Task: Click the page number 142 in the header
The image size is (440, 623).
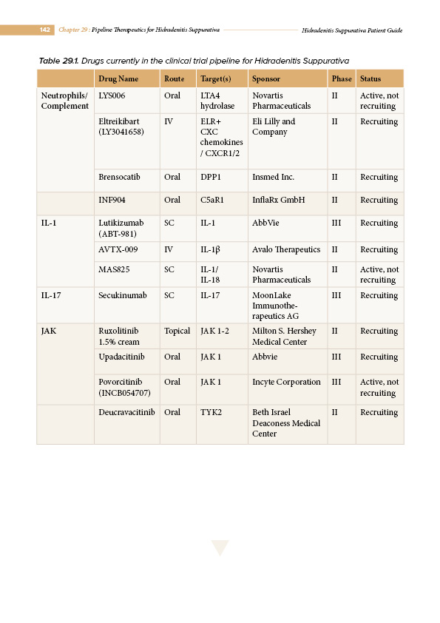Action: [44, 30]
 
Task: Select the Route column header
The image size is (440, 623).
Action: [174, 78]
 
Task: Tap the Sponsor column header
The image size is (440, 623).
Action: [266, 78]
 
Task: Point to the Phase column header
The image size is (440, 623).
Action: [342, 78]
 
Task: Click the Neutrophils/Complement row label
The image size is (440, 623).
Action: [64, 101]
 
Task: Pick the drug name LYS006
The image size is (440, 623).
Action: [112, 96]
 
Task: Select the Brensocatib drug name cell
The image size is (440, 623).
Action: [119, 178]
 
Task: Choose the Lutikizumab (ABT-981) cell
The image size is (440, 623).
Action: [121, 228]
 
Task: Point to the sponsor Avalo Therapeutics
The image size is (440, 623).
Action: [286, 250]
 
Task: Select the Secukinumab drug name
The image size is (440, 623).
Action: [122, 296]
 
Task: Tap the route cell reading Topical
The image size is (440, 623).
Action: [177, 331]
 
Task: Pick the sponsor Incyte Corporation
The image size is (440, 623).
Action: [286, 383]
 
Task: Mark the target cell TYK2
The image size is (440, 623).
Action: [211, 413]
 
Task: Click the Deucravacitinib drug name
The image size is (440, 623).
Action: [126, 413]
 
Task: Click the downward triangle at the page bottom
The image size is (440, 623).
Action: [220, 548]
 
